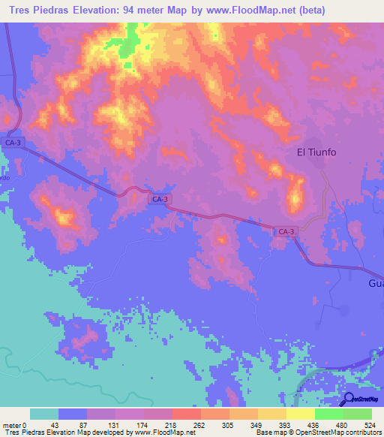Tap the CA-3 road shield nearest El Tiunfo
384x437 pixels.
(284, 233)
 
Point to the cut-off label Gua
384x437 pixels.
(376, 284)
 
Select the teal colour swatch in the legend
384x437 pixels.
(44, 414)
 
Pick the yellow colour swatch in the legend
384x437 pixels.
(271, 414)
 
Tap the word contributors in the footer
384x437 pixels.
(361, 432)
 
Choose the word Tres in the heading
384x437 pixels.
(16, 11)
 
